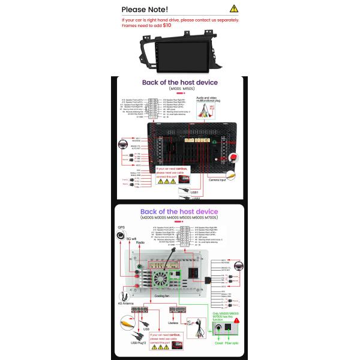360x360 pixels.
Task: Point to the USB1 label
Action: [x=194, y=193]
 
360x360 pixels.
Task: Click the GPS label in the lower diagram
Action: [x=121, y=228]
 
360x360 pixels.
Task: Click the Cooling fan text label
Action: [x=161, y=296]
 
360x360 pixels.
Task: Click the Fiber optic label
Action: [x=232, y=353]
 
